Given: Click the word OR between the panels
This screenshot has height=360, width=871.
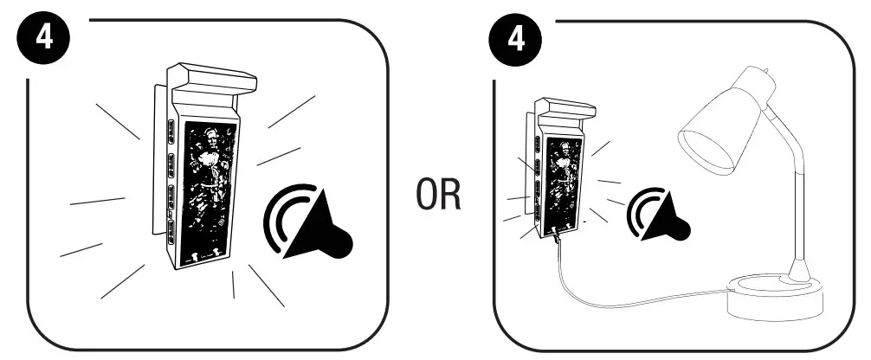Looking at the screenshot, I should pyautogui.click(x=435, y=197).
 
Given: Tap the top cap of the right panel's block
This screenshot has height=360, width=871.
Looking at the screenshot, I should pyautogui.click(x=565, y=110).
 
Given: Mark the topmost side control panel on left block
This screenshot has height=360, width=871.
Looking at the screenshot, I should pyautogui.click(x=170, y=131).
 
